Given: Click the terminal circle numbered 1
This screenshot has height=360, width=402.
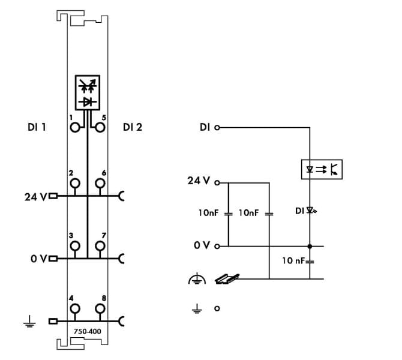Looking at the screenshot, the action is click(75, 127).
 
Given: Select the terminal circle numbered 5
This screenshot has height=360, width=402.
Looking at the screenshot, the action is click(100, 127).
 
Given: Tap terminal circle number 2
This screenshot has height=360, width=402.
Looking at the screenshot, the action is click(75, 184).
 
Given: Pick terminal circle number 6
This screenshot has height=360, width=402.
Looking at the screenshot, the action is click(100, 184).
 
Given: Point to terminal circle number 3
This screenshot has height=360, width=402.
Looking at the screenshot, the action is click(75, 246).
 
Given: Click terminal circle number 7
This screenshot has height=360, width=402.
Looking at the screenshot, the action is click(100, 246).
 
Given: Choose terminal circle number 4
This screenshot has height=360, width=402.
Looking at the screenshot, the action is click(75, 308).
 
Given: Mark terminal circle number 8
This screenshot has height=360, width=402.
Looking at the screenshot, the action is click(100, 308).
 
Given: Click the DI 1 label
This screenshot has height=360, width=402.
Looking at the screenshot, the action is click(37, 127).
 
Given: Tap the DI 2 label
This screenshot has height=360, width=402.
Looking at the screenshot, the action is click(133, 127).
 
